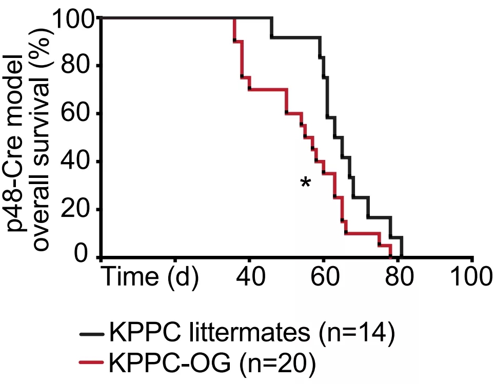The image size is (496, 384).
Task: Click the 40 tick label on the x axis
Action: point(250,277)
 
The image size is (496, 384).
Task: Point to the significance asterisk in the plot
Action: point(306,183)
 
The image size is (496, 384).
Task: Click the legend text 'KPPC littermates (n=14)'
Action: point(252,335)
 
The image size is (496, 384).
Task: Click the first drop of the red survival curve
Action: point(234,30)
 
